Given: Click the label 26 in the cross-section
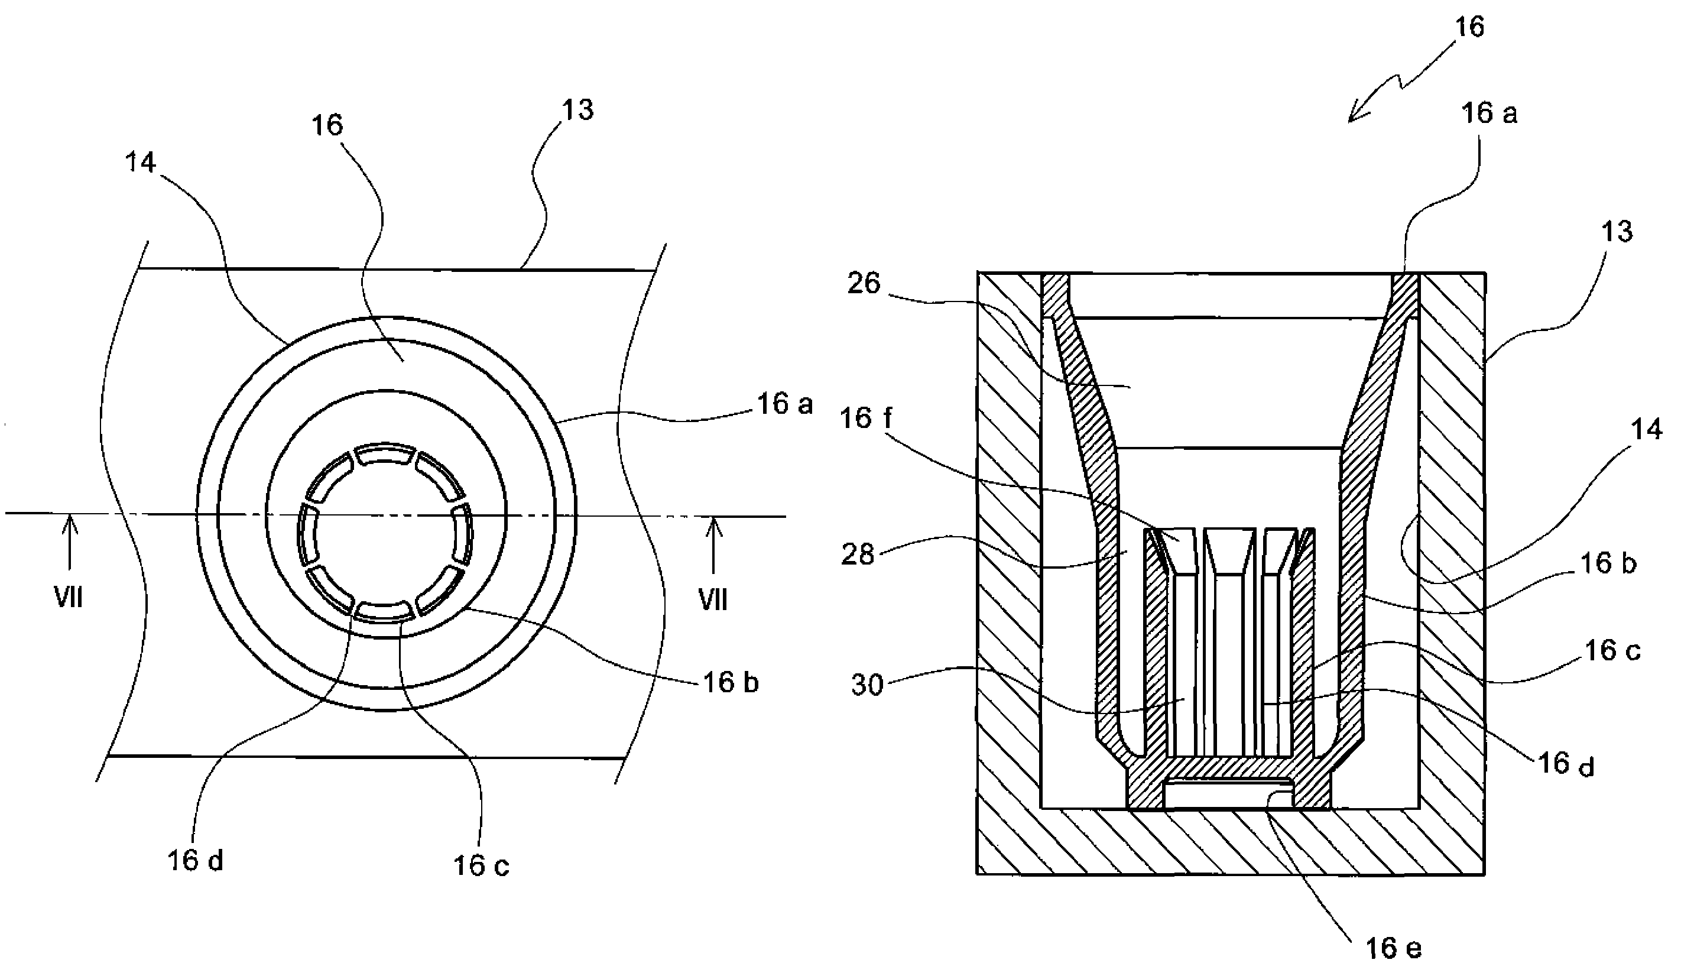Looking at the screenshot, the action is pos(864,284).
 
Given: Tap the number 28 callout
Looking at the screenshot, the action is pos(857,555).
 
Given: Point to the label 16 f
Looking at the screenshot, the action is pos(866,419).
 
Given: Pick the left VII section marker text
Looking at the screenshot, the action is pos(68,598).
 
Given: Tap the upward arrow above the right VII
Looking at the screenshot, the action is pos(714,545).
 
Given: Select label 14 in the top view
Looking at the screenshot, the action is pos(140,162).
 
